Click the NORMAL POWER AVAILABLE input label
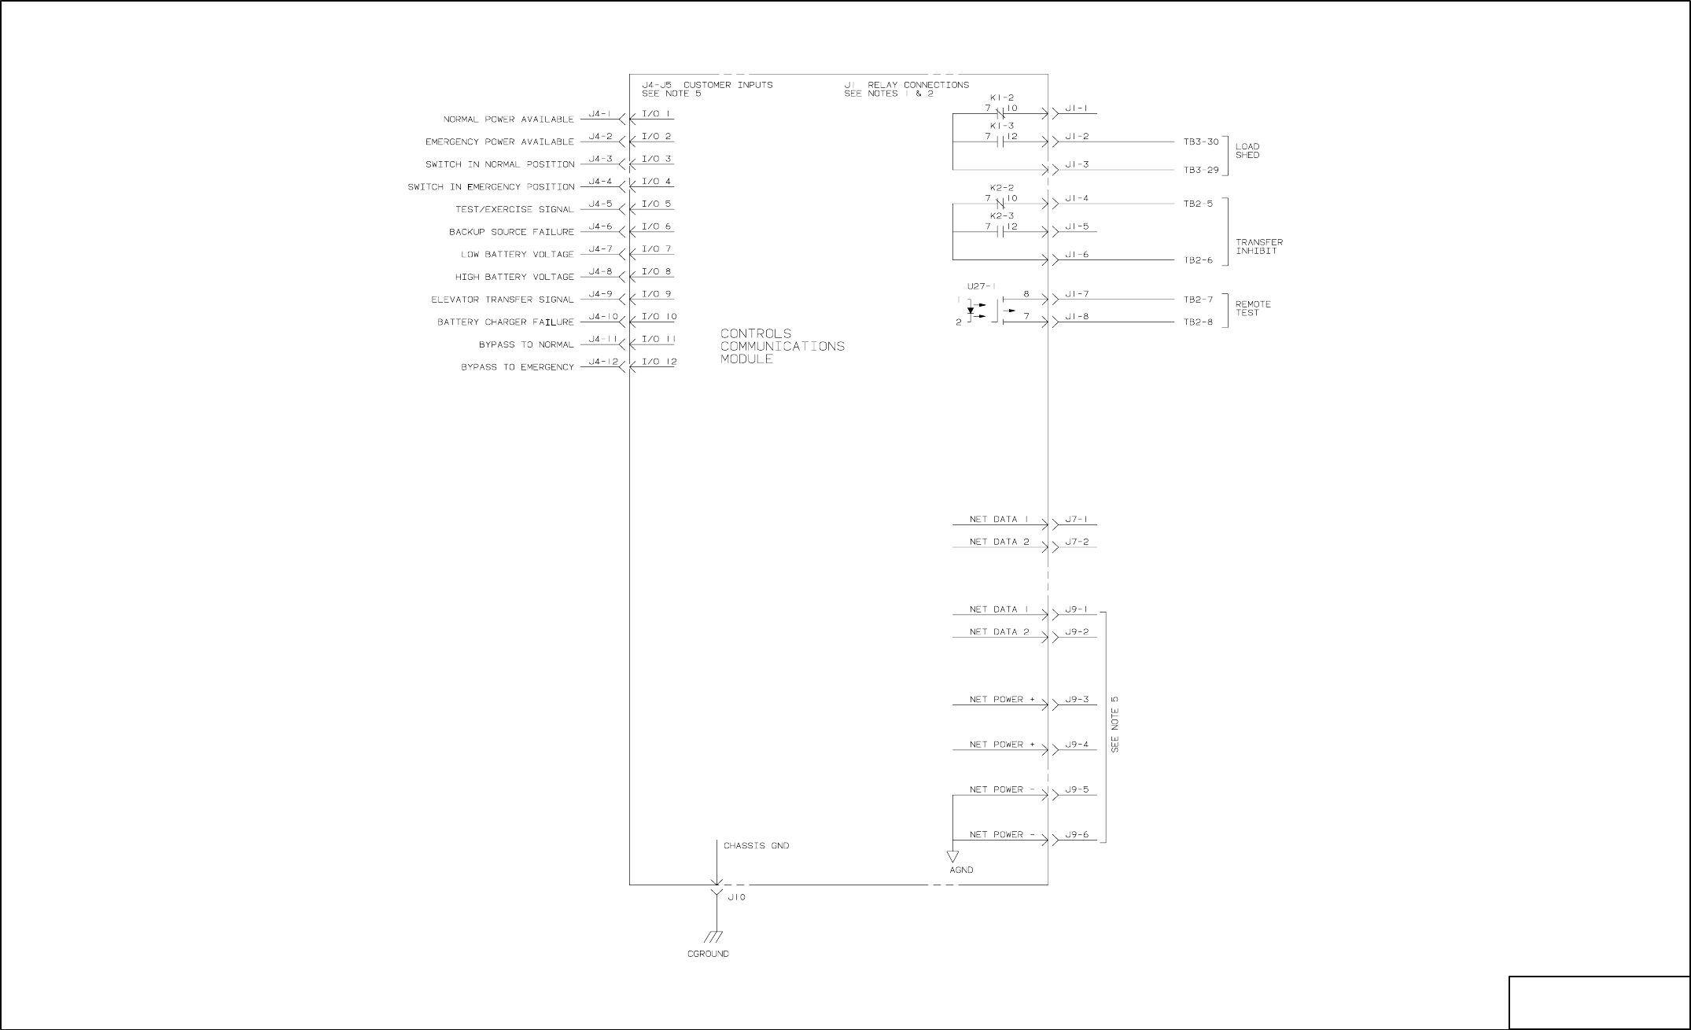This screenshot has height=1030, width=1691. point(508,120)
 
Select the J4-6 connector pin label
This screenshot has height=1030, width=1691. point(600,226)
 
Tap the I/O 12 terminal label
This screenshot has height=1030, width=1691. point(659,362)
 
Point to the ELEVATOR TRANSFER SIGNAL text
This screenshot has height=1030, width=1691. point(502,300)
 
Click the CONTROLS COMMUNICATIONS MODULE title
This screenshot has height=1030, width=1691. point(782,346)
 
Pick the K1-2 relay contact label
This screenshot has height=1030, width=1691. point(1001,97)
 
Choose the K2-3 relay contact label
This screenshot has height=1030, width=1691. point(1001,215)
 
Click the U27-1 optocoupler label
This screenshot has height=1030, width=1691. point(981,286)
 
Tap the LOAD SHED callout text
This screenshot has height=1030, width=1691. point(1247,151)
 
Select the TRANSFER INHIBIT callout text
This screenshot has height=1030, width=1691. point(1258,247)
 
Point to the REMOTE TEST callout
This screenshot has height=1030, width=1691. point(1252,308)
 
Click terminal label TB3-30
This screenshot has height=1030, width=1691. point(1201,142)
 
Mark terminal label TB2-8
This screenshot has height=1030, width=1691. point(1198,322)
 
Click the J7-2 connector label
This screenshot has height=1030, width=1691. point(1077,542)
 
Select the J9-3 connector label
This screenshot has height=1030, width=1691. point(1077,699)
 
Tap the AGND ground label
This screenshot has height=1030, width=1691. point(961,870)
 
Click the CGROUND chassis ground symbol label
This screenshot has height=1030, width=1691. point(708,954)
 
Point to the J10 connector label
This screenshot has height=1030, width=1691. point(736,897)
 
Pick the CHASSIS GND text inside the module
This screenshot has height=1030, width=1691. point(756,846)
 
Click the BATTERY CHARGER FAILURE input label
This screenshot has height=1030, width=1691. point(505,322)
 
